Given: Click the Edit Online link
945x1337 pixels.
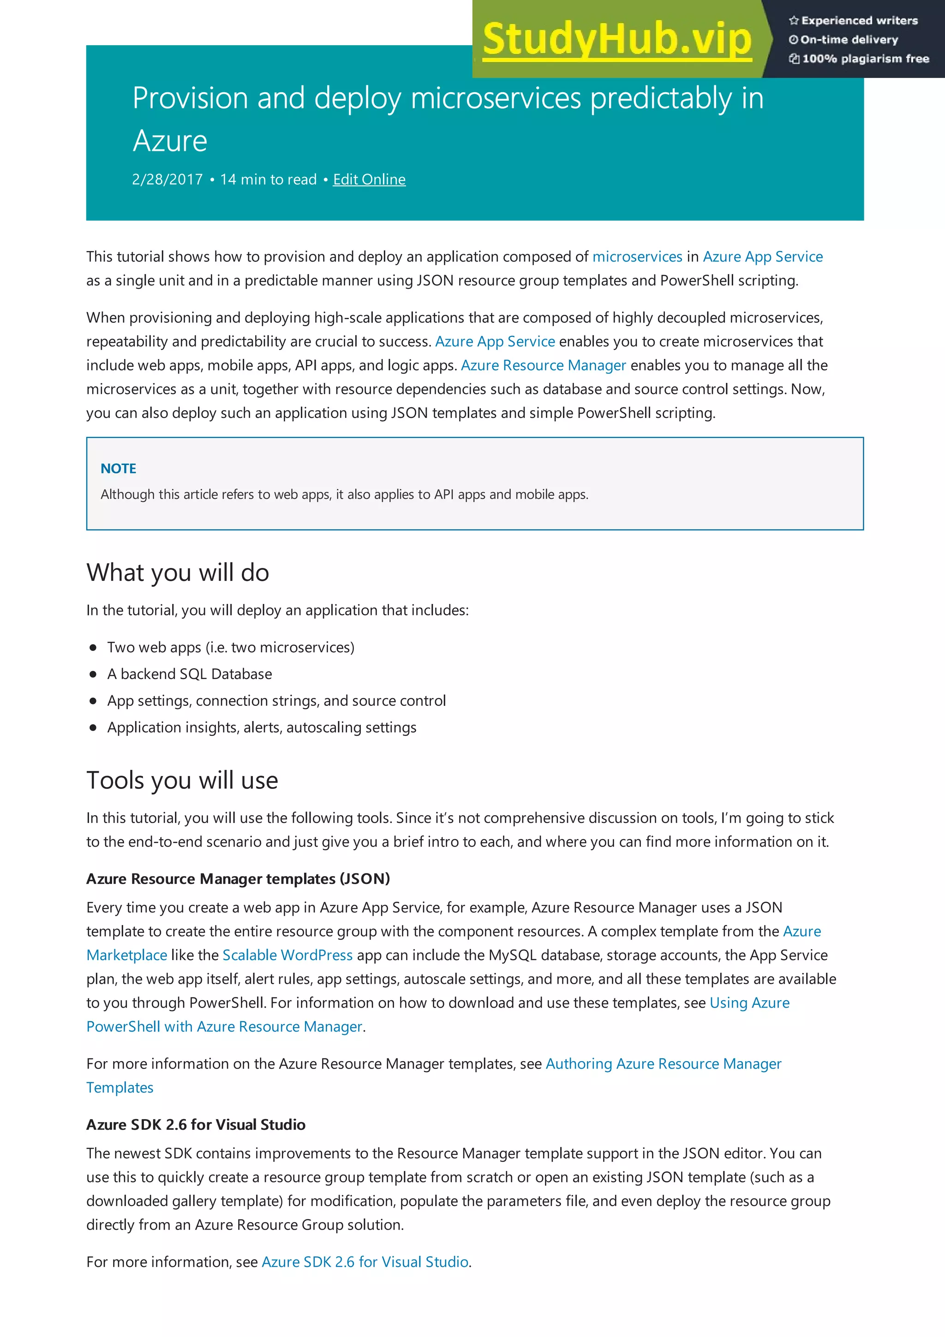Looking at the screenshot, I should point(369,179).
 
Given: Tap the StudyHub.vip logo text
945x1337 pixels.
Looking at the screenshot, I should point(617,39).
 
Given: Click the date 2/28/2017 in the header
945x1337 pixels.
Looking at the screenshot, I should point(167,179).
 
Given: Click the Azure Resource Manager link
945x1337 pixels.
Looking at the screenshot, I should point(543,365).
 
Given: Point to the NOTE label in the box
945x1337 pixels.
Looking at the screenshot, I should point(118,469).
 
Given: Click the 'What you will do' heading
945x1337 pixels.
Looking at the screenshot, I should point(178,573).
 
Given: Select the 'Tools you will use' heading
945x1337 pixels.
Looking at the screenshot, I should point(182,780).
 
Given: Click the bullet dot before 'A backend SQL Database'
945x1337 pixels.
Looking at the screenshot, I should point(93,674).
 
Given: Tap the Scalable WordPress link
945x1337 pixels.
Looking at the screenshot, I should point(287,955).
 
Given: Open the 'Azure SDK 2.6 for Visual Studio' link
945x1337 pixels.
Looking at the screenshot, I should point(365,1261).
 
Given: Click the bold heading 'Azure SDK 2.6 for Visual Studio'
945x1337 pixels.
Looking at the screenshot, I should point(196,1124).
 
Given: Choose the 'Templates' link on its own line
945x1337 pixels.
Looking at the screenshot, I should point(120,1087).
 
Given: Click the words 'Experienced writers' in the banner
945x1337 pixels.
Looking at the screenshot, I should point(859,20).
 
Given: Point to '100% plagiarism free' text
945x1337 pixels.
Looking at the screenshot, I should point(865,59).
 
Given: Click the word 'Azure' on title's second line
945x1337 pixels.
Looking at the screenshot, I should point(170,141).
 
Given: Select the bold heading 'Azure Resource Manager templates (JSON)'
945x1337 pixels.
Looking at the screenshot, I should point(238,879).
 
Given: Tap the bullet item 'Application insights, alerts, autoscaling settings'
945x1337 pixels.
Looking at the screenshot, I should point(262,727).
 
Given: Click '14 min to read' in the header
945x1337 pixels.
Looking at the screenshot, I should point(269,179).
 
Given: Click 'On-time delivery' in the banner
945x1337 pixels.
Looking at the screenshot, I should point(849,40).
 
